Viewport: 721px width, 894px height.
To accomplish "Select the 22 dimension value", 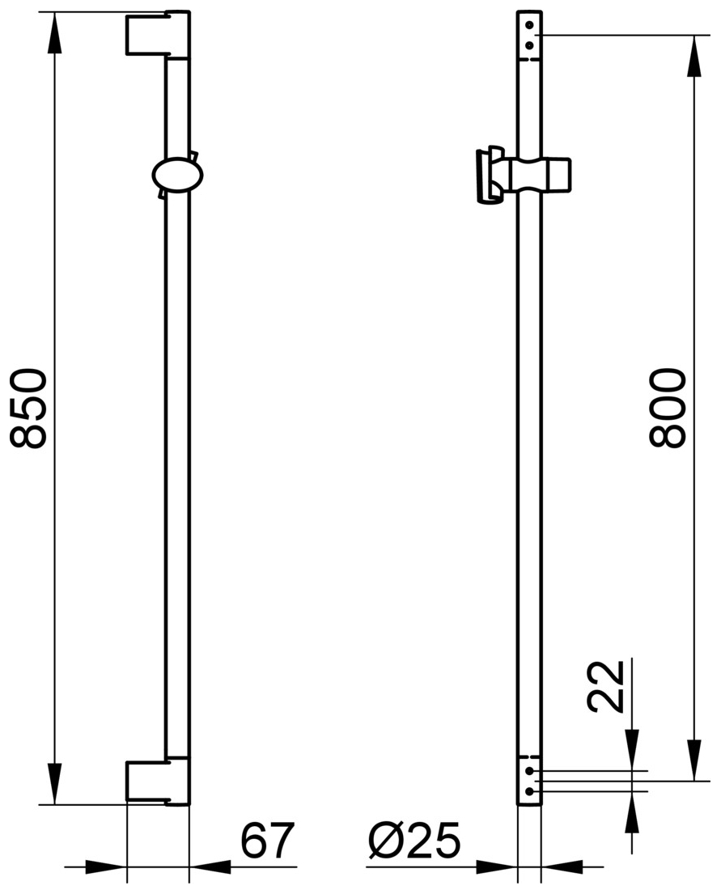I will point(606,686).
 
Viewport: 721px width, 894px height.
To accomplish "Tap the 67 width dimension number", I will point(266,841).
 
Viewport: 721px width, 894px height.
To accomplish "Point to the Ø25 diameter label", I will point(414,841).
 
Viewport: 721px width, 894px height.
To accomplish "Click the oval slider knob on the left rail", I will point(177,176).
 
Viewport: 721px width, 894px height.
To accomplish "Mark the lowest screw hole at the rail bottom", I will point(529,791).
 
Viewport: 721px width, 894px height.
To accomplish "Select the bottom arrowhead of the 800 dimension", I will point(693,761).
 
